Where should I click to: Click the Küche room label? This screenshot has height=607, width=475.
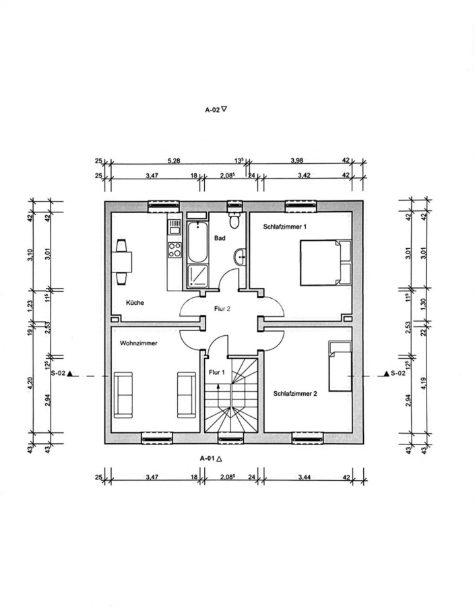135,303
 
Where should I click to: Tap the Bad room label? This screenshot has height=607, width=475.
220,238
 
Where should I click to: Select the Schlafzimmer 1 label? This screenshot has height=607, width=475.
285,227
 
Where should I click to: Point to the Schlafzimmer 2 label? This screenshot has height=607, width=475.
295,394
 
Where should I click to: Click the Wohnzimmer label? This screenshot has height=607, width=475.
139,343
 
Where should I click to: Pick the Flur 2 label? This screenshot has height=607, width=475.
222,309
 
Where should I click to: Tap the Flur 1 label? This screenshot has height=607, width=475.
216,372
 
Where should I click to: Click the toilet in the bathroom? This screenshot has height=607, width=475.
234,220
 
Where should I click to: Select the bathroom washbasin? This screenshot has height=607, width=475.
240,257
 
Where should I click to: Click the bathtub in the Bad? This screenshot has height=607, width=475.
197,242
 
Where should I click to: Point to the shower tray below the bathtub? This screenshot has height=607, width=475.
197,276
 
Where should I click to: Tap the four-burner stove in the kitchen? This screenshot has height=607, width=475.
175,250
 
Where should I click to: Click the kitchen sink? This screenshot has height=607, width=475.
175,227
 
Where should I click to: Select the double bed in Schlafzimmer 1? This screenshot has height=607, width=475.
325,263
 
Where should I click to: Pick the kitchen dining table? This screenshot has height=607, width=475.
121,262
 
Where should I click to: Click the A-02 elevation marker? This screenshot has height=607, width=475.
216,110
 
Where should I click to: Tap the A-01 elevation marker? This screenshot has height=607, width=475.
210,459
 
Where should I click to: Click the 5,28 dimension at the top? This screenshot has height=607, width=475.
174,161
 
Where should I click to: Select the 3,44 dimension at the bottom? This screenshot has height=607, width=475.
305,478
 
